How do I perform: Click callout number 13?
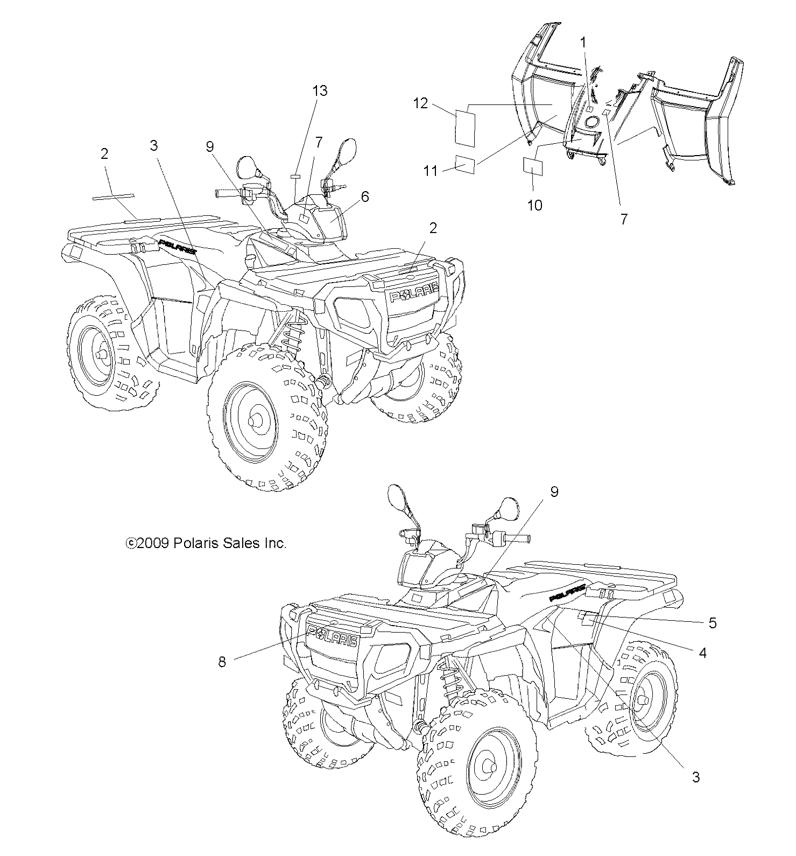click(320, 90)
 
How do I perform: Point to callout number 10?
click(535, 205)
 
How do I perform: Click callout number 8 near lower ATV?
click(222, 662)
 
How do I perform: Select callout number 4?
click(702, 654)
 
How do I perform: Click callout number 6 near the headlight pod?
click(365, 197)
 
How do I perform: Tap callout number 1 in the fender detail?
click(584, 42)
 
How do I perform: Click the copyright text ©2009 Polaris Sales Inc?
click(206, 543)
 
